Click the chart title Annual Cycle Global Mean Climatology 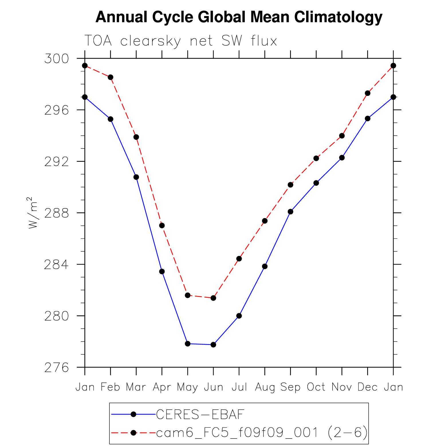coord(239,17)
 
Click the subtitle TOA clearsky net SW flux coord(181,41)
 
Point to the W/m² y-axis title coord(33,213)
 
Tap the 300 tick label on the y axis coord(57,59)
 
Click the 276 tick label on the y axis coord(57,368)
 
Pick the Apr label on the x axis coord(162,387)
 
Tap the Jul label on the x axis coord(239,387)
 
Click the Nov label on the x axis coord(342,387)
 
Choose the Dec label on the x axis coord(367,387)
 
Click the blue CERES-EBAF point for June coord(213,345)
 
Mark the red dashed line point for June coord(213,298)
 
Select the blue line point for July coord(239,316)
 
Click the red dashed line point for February coord(111,77)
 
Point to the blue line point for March coord(136,177)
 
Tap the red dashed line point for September coord(290,185)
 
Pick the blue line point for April coord(162,271)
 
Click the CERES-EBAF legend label coord(200,414)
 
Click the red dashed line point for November coord(342,136)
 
